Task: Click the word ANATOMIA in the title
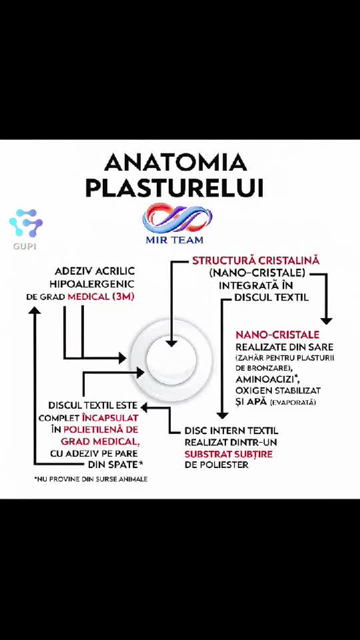(176, 163)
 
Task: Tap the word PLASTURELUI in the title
(174, 188)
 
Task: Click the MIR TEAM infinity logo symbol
(177, 219)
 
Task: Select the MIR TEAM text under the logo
(175, 239)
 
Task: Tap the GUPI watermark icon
(26, 223)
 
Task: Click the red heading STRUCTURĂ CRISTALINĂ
(256, 261)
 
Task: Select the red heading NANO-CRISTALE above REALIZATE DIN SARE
(277, 335)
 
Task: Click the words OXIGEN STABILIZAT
(278, 391)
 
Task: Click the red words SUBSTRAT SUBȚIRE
(228, 454)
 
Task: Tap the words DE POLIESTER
(216, 465)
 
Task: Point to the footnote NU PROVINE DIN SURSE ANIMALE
(91, 479)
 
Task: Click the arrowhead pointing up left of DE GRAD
(35, 311)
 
